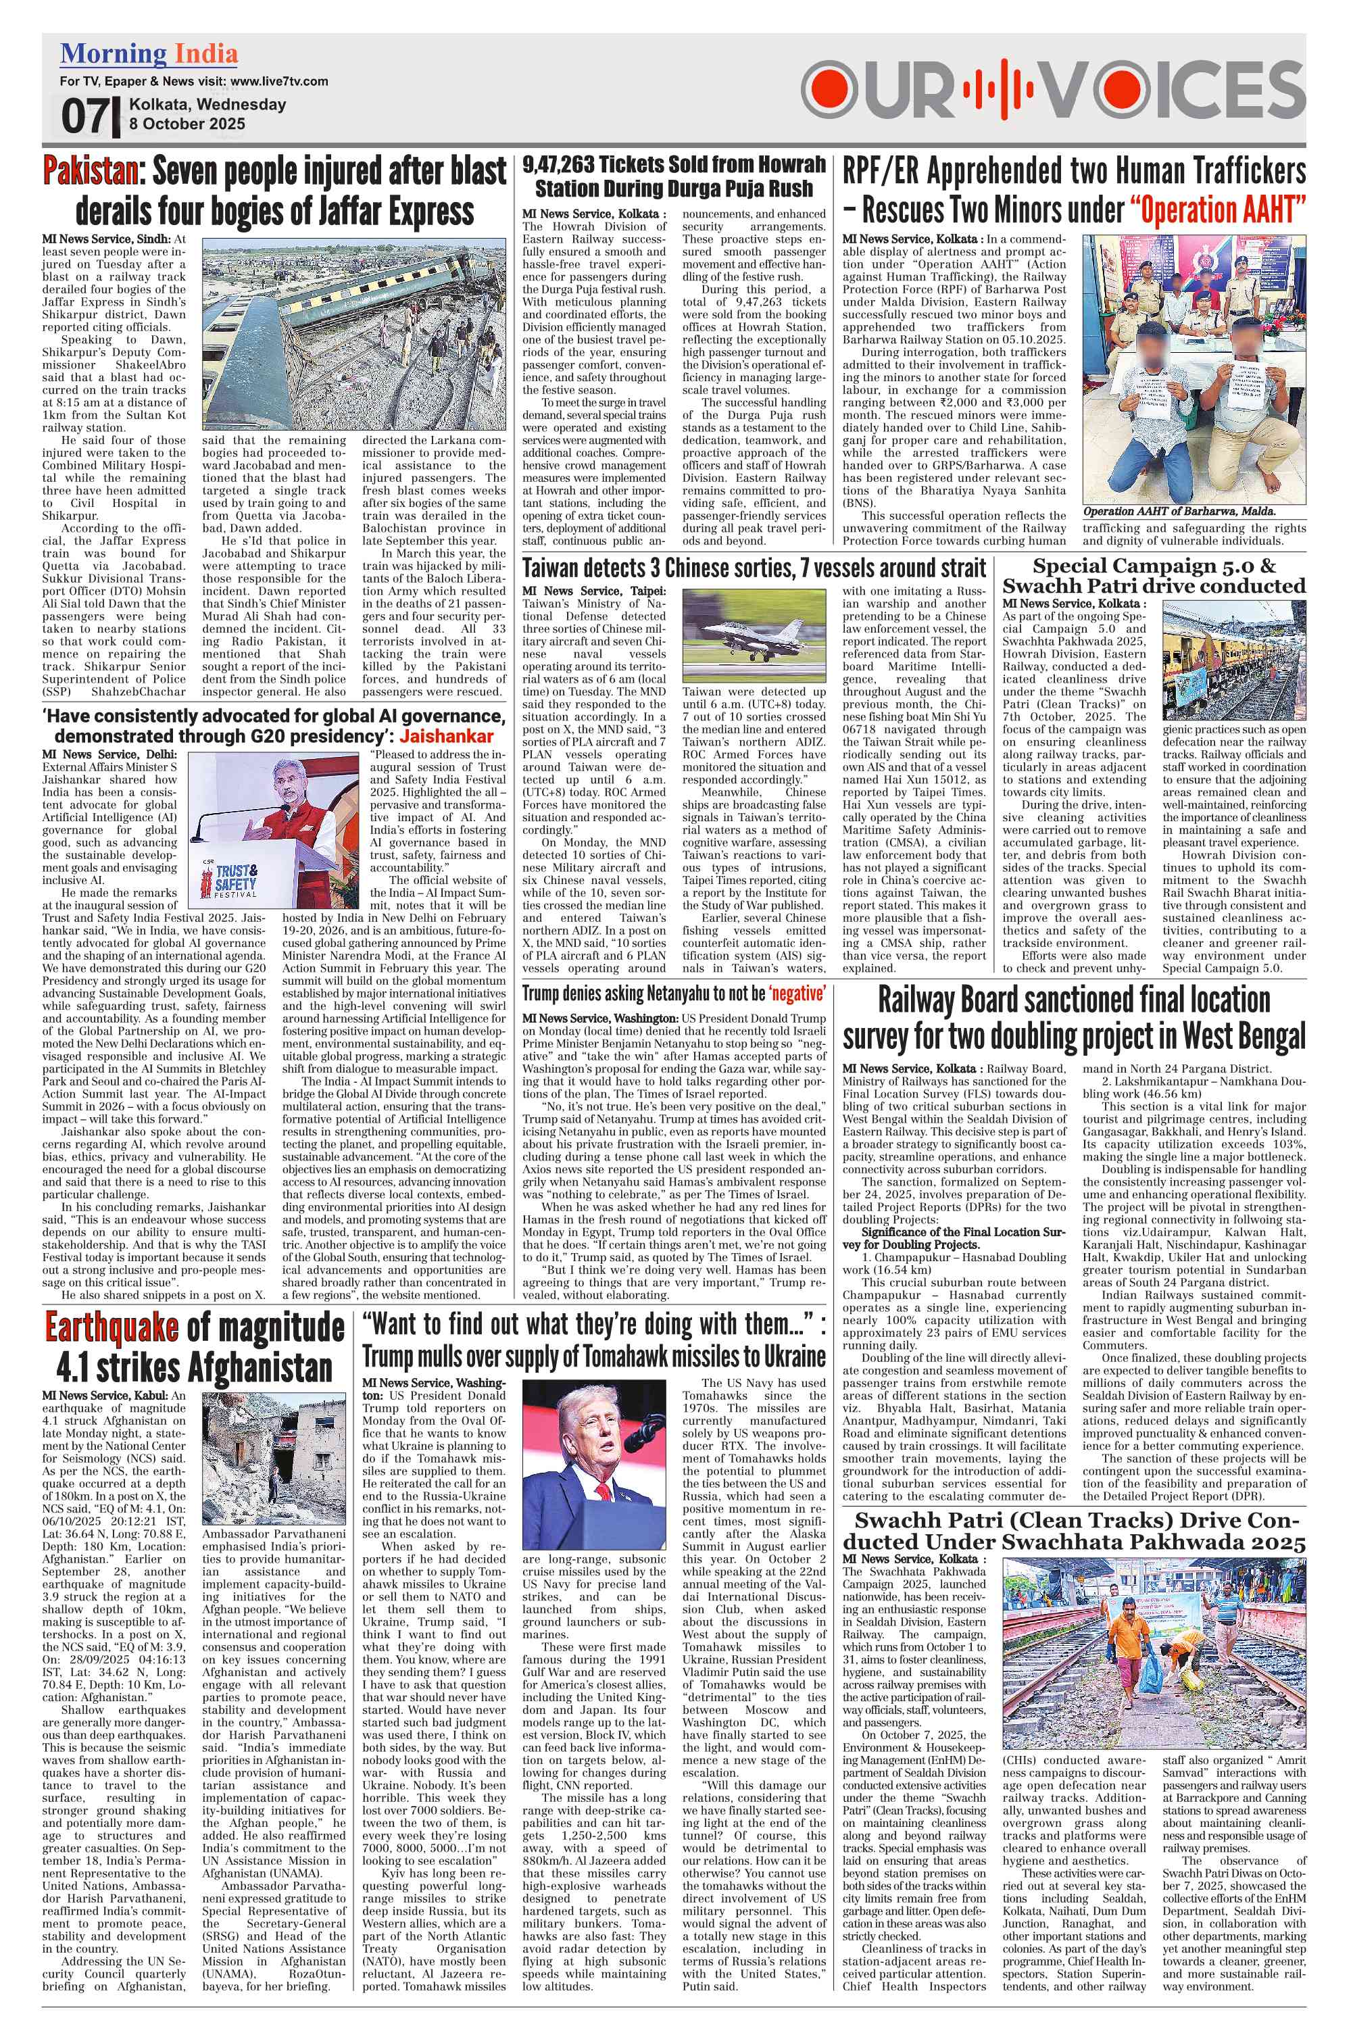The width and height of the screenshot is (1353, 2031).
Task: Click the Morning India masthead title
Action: coord(149,53)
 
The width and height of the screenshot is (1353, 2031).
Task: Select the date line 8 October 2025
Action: coord(187,124)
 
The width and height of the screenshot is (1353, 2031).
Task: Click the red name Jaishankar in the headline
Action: coord(446,736)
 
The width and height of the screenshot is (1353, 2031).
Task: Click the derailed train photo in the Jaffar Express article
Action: coord(353,334)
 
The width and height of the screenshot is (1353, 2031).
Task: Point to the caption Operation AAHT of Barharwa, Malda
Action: coord(1179,511)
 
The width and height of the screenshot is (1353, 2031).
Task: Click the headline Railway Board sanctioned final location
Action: coord(1073,1001)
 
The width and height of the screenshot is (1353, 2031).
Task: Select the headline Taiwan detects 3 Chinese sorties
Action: coord(752,568)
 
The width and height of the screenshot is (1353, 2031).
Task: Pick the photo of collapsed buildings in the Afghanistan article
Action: coord(274,1454)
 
